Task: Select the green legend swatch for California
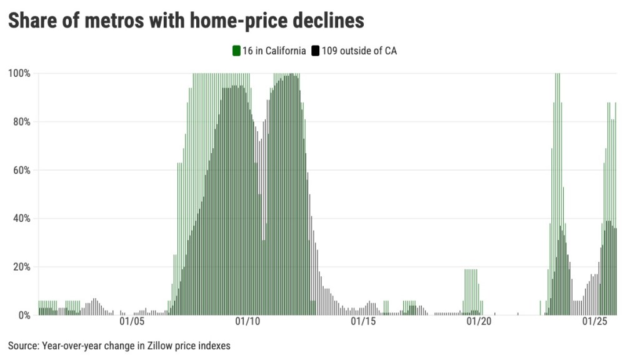point(237,51)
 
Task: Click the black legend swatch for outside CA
point(316,51)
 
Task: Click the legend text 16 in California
point(274,51)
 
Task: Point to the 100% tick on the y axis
point(19,73)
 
